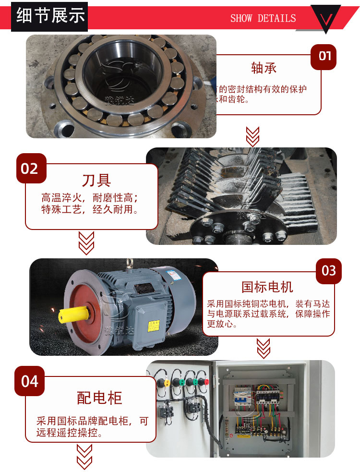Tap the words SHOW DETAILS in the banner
tap(263, 18)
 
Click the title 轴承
tap(264, 68)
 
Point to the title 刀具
tap(96, 180)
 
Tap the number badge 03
tap(329, 271)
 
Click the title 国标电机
tap(267, 287)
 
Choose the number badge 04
tap(30, 381)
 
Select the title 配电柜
tap(100, 398)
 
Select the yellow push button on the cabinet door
tap(167, 383)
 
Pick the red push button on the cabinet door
tap(205, 383)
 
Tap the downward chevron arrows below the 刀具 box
tap(86, 243)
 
